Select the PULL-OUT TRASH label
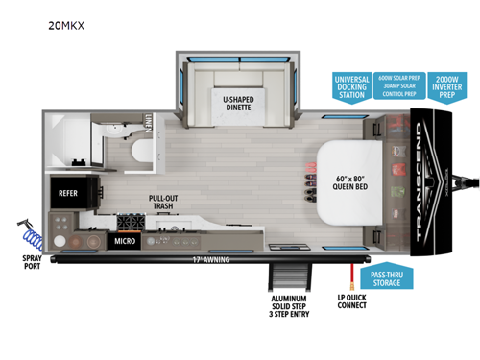tap(161, 204)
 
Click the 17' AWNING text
tap(188, 259)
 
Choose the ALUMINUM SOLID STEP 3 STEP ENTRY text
tap(288, 308)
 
